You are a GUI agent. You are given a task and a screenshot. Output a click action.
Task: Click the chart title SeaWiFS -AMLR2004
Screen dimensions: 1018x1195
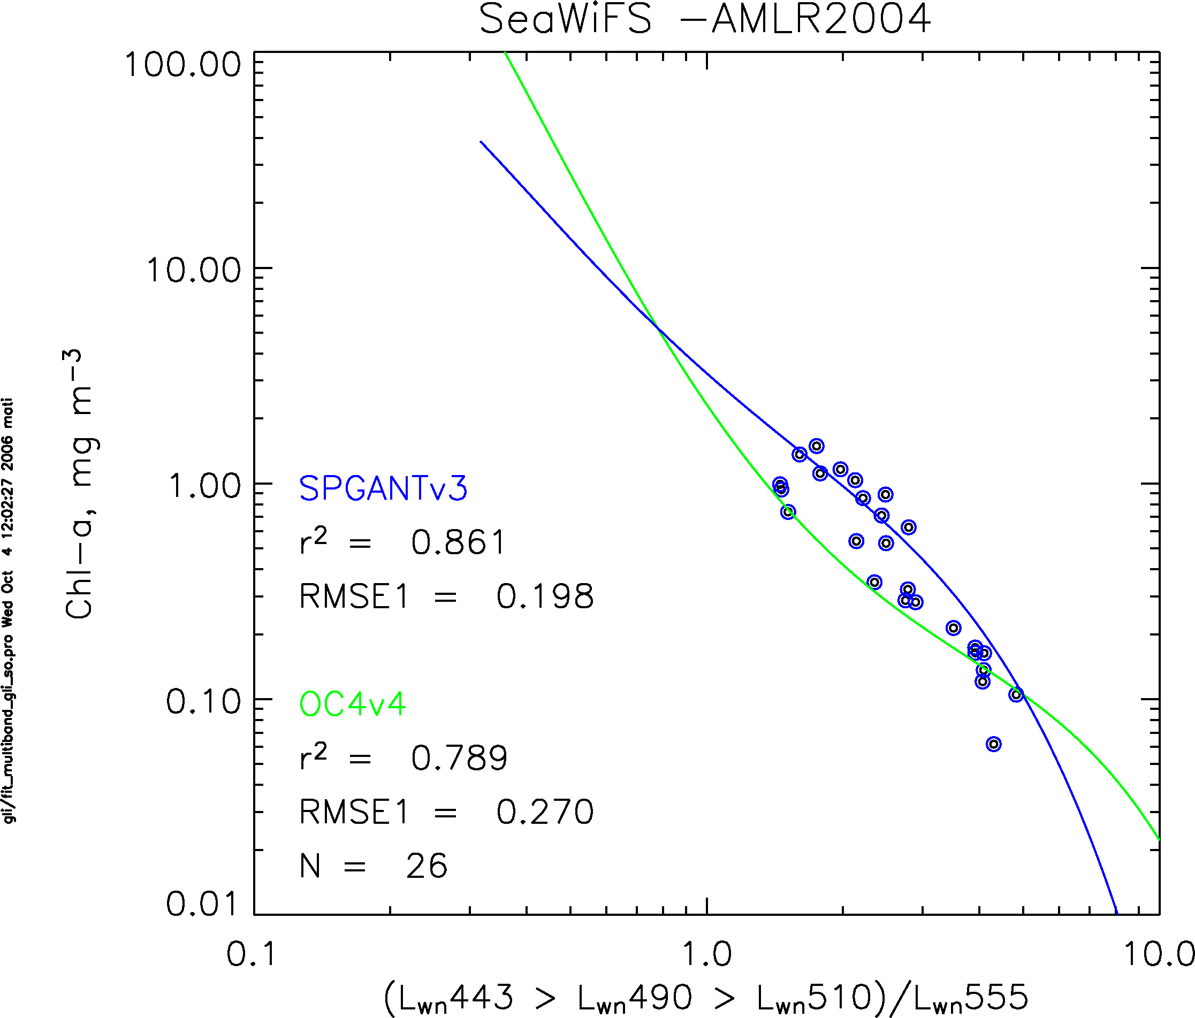point(705,20)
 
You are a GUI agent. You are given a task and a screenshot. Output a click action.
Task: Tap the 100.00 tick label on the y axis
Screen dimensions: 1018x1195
point(182,65)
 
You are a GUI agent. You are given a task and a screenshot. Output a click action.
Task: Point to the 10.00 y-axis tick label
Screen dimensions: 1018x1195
point(193,270)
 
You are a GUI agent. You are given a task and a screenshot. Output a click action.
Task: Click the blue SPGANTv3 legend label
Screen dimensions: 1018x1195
point(383,488)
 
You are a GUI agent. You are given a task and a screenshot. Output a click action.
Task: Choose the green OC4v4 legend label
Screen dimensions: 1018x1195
point(352,704)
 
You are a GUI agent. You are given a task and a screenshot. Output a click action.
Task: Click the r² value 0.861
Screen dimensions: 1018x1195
point(458,542)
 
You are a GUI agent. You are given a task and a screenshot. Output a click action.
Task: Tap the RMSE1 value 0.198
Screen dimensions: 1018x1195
point(544,596)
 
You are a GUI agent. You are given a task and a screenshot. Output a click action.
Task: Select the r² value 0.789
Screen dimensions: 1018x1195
point(459,758)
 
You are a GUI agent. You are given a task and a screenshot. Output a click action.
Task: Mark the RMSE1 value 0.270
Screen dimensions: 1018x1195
point(544,812)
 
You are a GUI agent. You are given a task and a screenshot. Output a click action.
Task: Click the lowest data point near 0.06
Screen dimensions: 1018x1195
point(993,744)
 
